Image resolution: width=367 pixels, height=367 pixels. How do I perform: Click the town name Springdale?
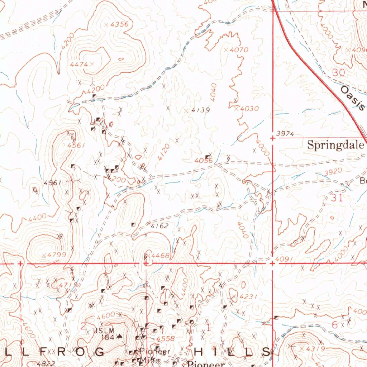[336, 145]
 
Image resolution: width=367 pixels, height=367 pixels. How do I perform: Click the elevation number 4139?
[200, 110]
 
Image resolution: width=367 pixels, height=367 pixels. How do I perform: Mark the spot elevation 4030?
[249, 108]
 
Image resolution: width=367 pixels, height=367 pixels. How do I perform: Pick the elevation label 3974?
[286, 134]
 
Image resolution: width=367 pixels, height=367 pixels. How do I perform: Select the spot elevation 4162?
[159, 226]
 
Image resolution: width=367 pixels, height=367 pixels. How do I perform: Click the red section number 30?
[338, 73]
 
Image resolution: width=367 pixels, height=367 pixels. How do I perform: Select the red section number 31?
[337, 198]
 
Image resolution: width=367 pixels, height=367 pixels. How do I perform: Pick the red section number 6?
[335, 325]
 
